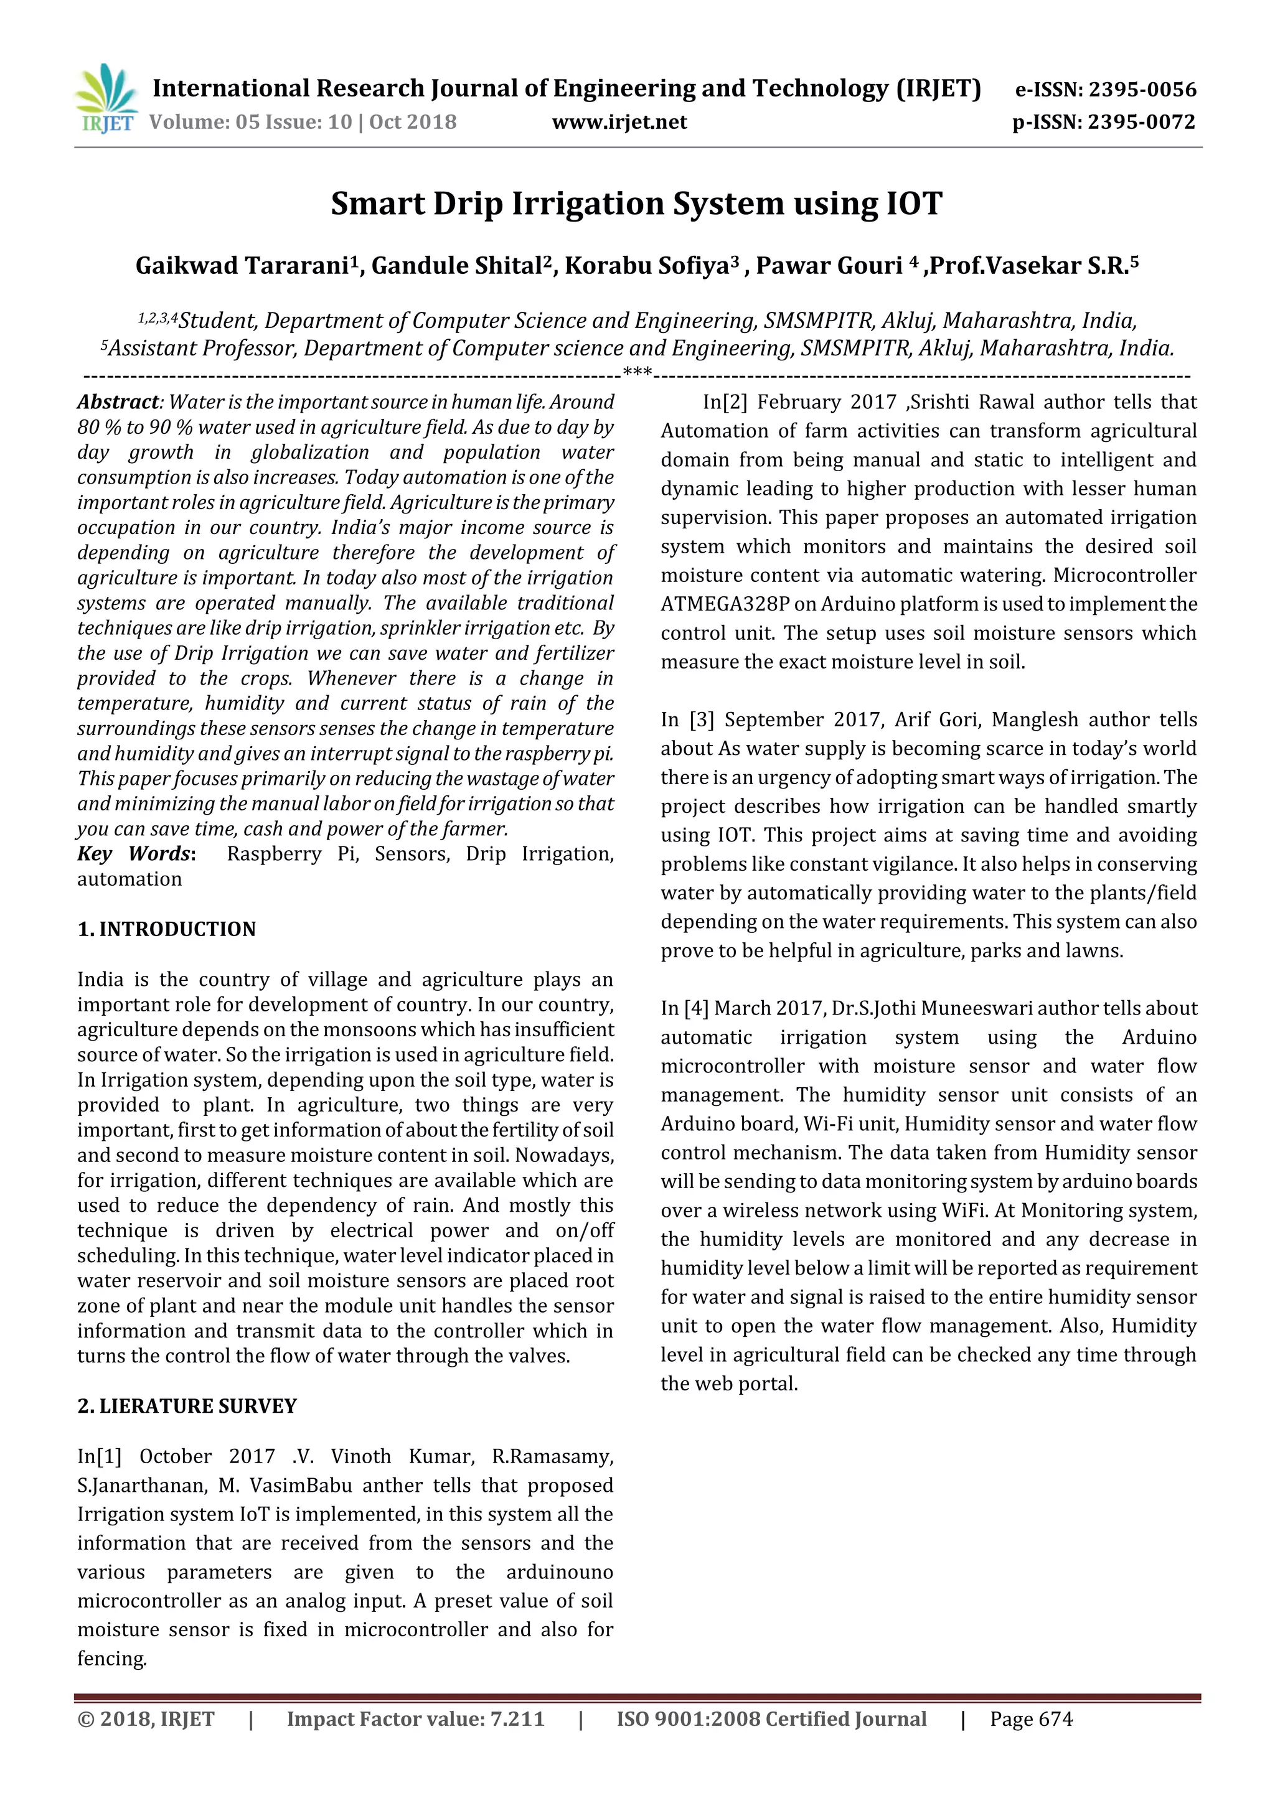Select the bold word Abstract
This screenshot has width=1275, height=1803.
click(x=118, y=402)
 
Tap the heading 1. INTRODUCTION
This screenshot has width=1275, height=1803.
click(x=167, y=929)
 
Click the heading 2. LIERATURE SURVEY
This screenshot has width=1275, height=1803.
click(x=187, y=1406)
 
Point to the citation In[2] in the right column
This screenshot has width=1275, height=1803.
click(x=724, y=402)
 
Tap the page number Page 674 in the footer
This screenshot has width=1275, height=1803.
click(x=1031, y=1719)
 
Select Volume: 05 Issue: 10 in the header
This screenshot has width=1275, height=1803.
click(x=251, y=122)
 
